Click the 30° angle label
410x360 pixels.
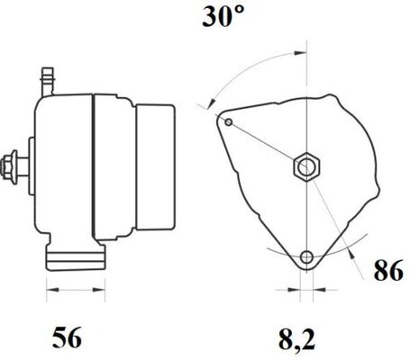[223, 18]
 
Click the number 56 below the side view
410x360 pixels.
[68, 340]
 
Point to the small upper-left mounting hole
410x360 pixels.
[230, 121]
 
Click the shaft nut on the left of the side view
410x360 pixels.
[14, 166]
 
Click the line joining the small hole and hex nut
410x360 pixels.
[266, 144]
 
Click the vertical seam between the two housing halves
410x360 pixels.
[93, 171]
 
